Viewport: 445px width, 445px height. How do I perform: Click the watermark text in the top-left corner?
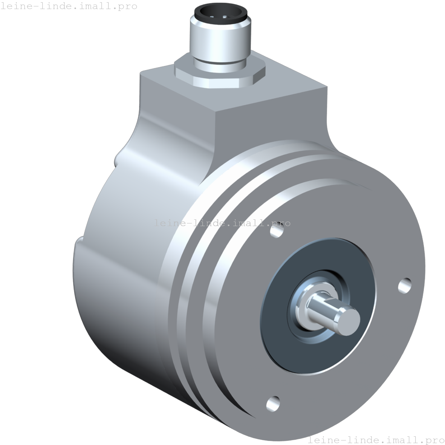(69, 6)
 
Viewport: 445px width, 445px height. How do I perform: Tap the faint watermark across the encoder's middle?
(222, 223)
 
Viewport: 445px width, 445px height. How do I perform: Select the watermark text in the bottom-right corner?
(376, 439)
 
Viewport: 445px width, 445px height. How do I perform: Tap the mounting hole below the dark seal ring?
(273, 404)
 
